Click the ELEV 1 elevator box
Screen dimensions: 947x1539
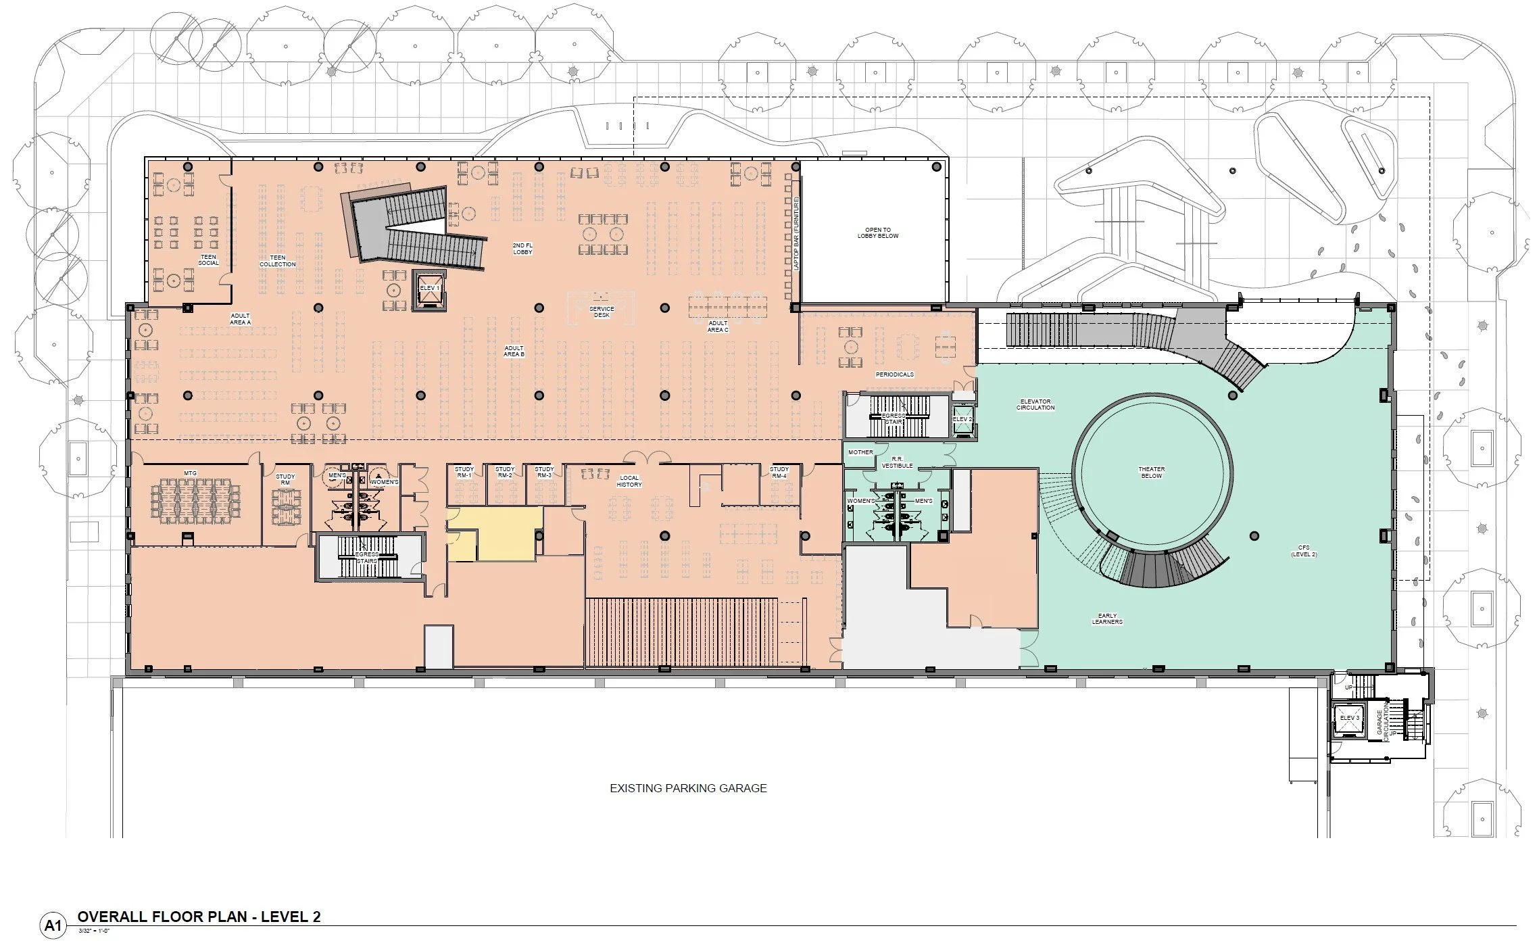pyautogui.click(x=430, y=290)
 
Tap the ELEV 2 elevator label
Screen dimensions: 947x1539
pyautogui.click(x=962, y=419)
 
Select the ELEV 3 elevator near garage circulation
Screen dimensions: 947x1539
pyautogui.click(x=1349, y=719)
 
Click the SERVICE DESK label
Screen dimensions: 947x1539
pyautogui.click(x=602, y=312)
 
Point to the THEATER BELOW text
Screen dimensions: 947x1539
pyautogui.click(x=1152, y=472)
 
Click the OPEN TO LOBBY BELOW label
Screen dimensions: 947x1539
pyautogui.click(x=878, y=233)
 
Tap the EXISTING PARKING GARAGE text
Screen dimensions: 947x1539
pyautogui.click(x=688, y=788)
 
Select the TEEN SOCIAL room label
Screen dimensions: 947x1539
pyautogui.click(x=208, y=260)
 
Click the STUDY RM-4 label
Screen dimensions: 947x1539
pyautogui.click(x=779, y=472)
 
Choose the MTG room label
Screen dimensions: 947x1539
pyautogui.click(x=191, y=473)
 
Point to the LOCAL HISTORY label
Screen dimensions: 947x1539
pyautogui.click(x=629, y=481)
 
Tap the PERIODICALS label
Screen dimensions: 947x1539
pyautogui.click(x=895, y=374)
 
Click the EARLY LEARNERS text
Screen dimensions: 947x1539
pyautogui.click(x=1107, y=618)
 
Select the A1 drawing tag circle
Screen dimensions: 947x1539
pyautogui.click(x=53, y=925)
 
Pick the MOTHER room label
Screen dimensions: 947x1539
pyautogui.click(x=860, y=452)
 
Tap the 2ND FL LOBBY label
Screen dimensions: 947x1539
pyautogui.click(x=522, y=249)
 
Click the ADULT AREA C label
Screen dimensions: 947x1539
pyautogui.click(x=718, y=326)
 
